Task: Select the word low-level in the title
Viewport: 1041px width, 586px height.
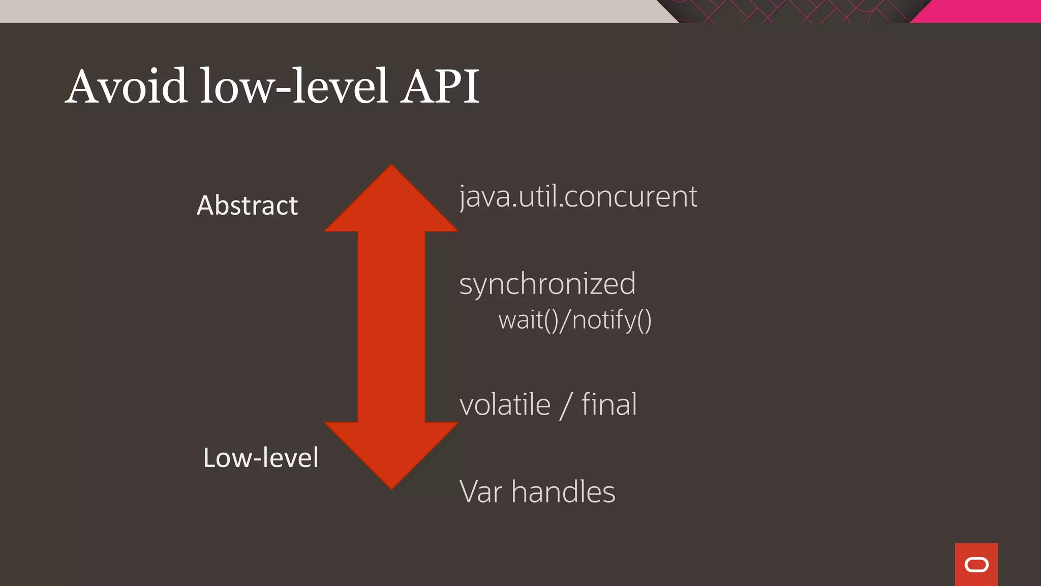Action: (294, 86)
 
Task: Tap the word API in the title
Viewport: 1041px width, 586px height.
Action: (440, 86)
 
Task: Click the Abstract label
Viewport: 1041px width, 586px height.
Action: (247, 206)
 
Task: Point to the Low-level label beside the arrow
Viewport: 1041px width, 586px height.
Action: (261, 457)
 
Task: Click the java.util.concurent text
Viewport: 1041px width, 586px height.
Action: (578, 197)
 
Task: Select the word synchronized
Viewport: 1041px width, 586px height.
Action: (547, 284)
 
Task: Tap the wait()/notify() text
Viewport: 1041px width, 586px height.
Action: (575, 320)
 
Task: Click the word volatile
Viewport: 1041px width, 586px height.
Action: (505, 405)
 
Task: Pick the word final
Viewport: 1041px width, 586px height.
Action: (609, 405)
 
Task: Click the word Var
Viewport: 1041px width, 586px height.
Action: (481, 492)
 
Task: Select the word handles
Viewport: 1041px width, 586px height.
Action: (563, 492)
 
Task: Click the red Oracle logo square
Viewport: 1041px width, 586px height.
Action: (976, 564)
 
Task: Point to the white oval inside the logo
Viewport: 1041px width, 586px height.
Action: (976, 565)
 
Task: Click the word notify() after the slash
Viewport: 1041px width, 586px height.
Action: (612, 320)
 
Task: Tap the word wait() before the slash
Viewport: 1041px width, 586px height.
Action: (529, 320)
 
